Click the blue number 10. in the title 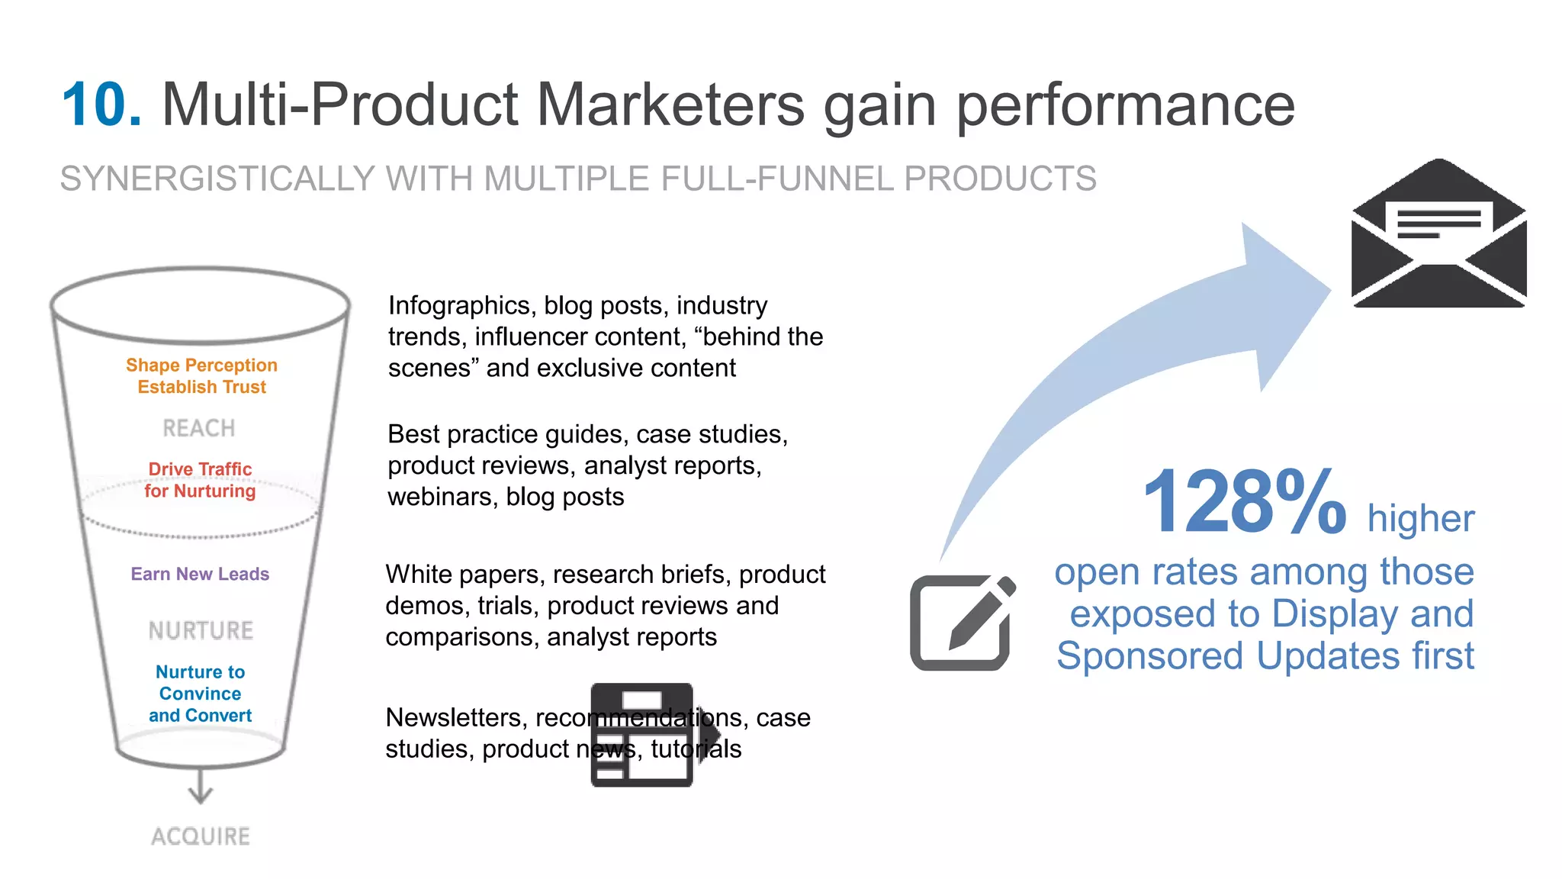101,105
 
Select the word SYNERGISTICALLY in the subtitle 217,179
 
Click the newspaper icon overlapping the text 643,735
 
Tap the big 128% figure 1244,504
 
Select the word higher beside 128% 1420,519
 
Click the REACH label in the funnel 199,428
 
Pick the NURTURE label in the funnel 201,630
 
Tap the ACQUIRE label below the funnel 201,836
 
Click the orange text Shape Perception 201,365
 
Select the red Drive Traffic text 200,469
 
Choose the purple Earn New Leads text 200,574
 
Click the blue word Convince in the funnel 200,694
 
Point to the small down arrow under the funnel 201,788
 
